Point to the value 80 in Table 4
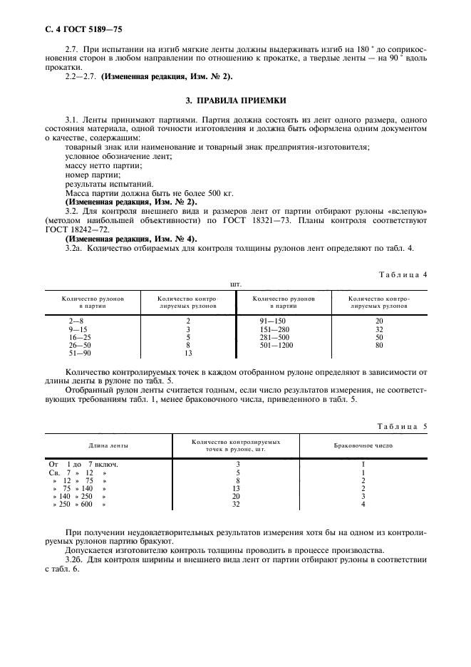[x=379, y=344]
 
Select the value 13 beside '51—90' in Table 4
[x=188, y=352]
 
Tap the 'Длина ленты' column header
[x=108, y=445]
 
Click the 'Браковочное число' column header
[x=363, y=445]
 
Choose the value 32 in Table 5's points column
[x=236, y=505]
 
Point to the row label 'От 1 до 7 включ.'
[x=82, y=465]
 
